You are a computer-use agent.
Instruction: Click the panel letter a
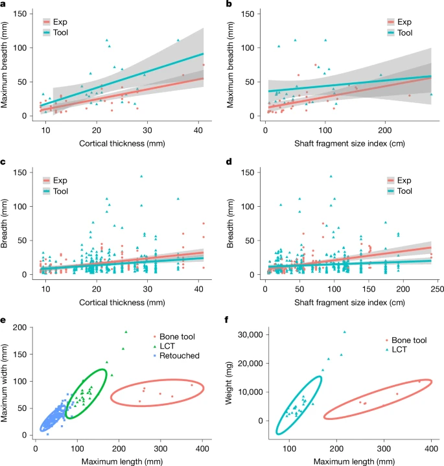click(x=3, y=4)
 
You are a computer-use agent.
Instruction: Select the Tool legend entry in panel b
click(x=400, y=32)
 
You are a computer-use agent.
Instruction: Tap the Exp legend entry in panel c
click(x=55, y=180)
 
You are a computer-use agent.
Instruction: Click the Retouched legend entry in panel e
click(x=176, y=355)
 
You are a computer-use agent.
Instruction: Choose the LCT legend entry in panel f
click(x=395, y=349)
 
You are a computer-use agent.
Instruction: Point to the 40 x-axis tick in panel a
click(x=198, y=130)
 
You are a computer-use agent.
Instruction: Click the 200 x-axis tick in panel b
click(x=385, y=130)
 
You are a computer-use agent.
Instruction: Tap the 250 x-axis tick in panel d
click(x=437, y=289)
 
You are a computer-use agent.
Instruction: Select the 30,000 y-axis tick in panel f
click(x=250, y=334)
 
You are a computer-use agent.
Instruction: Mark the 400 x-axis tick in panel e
click(x=202, y=448)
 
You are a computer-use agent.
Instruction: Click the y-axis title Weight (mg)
click(x=228, y=383)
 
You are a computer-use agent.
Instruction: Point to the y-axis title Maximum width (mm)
click(x=4, y=383)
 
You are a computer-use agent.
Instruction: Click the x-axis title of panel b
click(x=349, y=143)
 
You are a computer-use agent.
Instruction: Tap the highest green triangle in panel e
click(x=126, y=332)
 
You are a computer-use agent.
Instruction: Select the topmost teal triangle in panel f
click(x=345, y=332)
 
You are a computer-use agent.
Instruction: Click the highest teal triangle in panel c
click(x=141, y=176)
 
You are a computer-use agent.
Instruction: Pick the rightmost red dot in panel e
click(x=192, y=385)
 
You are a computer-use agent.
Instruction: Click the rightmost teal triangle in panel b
click(x=431, y=94)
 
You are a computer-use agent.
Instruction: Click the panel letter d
click(x=229, y=162)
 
